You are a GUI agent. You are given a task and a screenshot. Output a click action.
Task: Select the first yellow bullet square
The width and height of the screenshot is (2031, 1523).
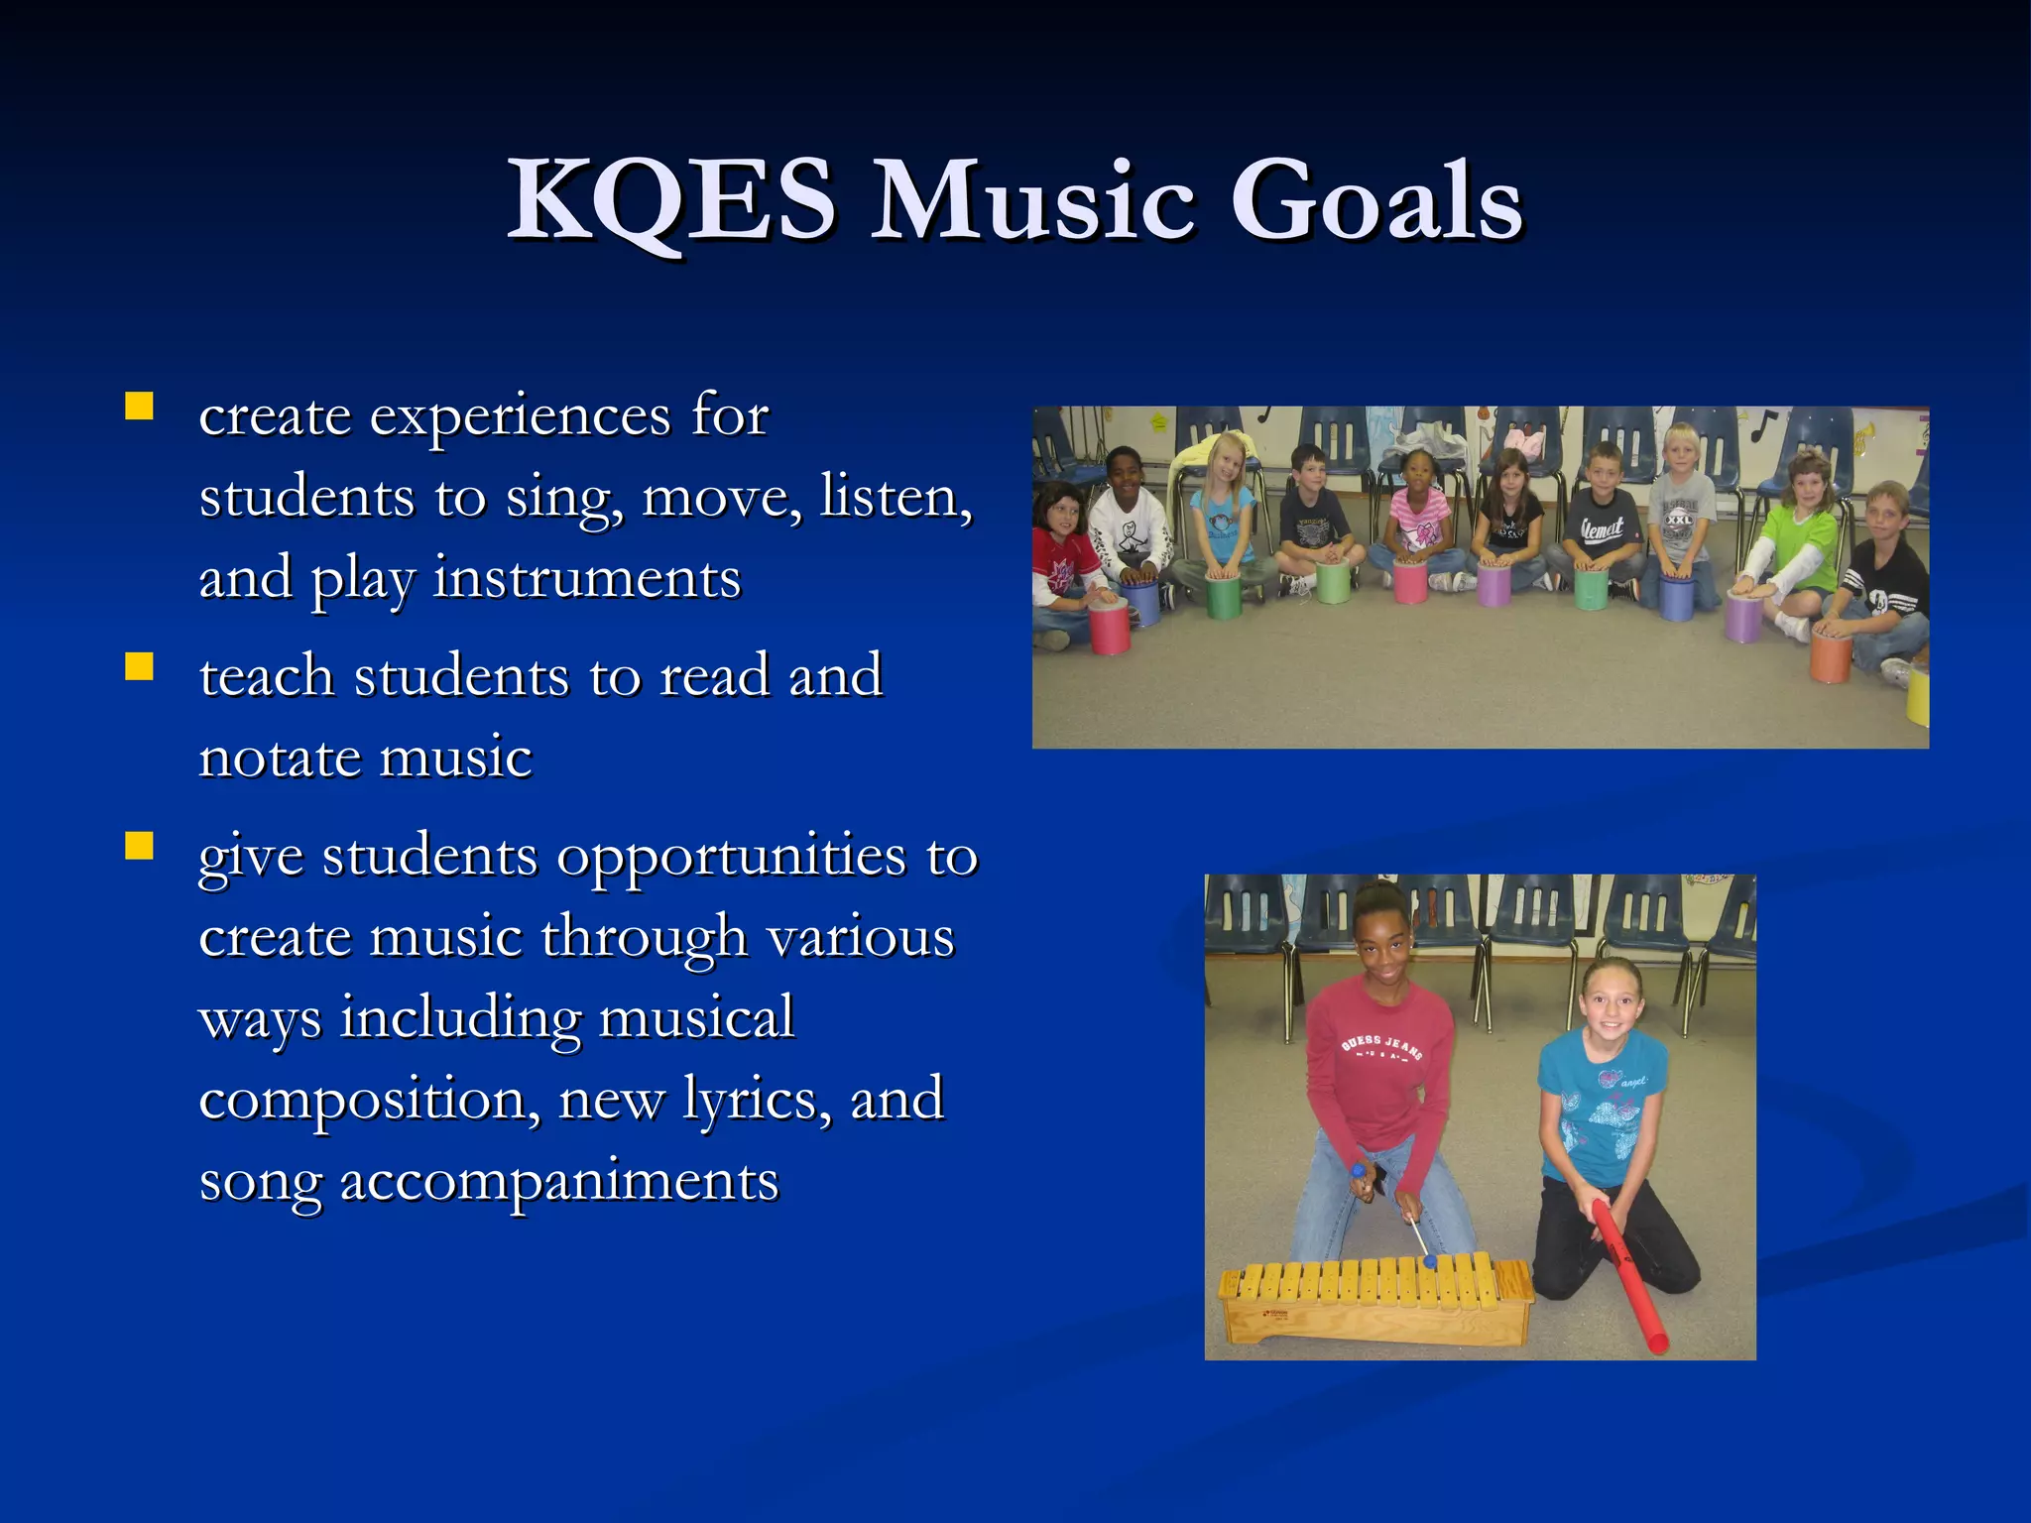pos(140,407)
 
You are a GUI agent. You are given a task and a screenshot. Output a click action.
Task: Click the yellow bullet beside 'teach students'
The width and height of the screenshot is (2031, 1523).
pos(140,666)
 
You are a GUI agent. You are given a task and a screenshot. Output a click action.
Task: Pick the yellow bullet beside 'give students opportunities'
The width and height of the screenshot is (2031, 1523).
pos(140,846)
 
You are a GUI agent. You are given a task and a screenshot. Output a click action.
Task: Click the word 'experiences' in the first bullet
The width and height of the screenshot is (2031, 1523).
pos(520,416)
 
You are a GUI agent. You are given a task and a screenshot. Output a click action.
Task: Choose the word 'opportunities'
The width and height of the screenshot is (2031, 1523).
pos(731,858)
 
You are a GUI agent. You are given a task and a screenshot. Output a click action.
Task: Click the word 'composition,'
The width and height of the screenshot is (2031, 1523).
pos(369,1101)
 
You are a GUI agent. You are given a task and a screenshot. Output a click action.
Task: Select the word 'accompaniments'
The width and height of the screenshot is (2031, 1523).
pos(559,1182)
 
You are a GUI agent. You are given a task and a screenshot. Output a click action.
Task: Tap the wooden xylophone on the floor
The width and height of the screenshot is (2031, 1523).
pos(1374,1299)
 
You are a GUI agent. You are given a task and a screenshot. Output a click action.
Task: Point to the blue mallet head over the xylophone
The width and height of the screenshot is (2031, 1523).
pos(1430,1261)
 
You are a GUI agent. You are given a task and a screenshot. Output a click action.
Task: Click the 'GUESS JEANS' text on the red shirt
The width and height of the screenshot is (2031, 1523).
pos(1380,1047)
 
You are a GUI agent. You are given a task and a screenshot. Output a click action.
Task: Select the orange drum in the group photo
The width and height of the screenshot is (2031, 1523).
pos(1831,657)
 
